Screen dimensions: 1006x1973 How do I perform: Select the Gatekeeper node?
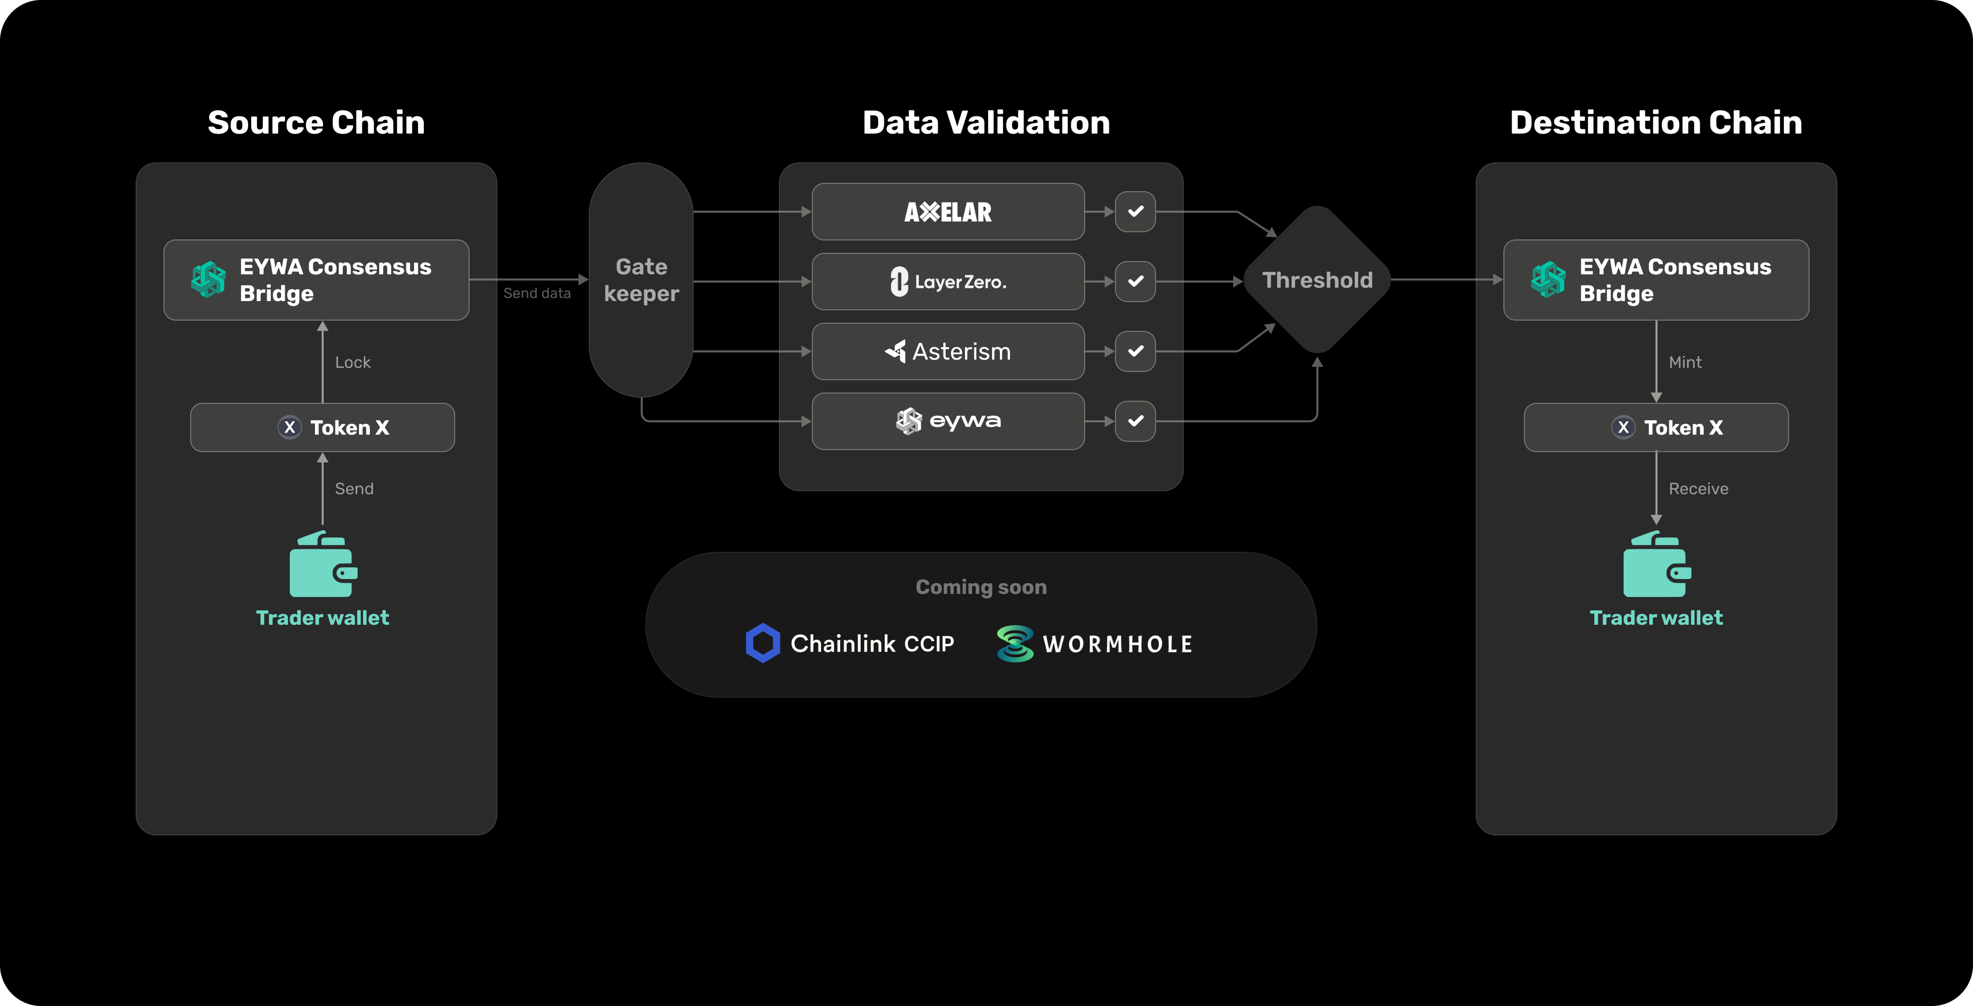coord(641,280)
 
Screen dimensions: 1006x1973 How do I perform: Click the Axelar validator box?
coord(947,212)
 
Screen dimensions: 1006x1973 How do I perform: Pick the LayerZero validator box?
coord(947,281)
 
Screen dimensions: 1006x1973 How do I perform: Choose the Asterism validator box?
coord(947,351)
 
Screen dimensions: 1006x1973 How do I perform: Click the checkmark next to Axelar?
coord(1135,212)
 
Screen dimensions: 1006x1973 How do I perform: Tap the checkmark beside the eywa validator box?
coord(1135,421)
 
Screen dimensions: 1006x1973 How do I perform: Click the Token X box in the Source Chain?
coord(323,427)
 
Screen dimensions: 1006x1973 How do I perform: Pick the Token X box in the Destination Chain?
coord(1656,427)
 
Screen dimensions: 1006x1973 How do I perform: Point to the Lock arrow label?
coord(352,362)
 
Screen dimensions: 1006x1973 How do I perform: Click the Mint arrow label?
coord(1685,362)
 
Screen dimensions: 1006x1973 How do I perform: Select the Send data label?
coord(537,293)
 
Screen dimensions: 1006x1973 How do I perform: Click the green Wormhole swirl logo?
coord(1015,644)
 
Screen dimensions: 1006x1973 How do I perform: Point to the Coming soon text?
coord(981,587)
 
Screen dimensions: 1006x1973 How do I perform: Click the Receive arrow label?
coord(1698,489)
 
